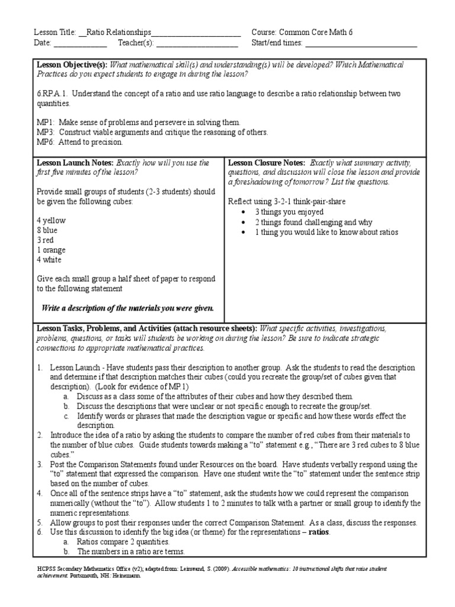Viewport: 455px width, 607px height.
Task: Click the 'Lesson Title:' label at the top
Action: pos(55,32)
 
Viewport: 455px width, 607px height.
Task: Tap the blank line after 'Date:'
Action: pos(81,43)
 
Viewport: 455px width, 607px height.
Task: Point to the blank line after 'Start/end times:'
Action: pos(361,43)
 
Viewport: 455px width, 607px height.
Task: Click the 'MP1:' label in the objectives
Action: pos(46,122)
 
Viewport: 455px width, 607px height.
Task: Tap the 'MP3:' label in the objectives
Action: pos(46,132)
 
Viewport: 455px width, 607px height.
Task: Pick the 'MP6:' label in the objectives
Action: pos(46,142)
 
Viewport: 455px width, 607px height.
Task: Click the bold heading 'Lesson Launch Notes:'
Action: pos(75,162)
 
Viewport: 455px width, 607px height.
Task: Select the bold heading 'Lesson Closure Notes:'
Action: pos(266,162)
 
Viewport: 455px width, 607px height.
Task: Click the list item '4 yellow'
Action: pos(51,221)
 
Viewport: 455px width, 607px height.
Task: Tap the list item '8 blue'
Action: pos(48,231)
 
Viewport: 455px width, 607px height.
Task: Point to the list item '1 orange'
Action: pos(52,250)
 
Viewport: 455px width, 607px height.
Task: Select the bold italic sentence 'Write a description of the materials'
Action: pos(127,308)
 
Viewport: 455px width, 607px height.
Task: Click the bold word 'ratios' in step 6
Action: pos(318,532)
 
